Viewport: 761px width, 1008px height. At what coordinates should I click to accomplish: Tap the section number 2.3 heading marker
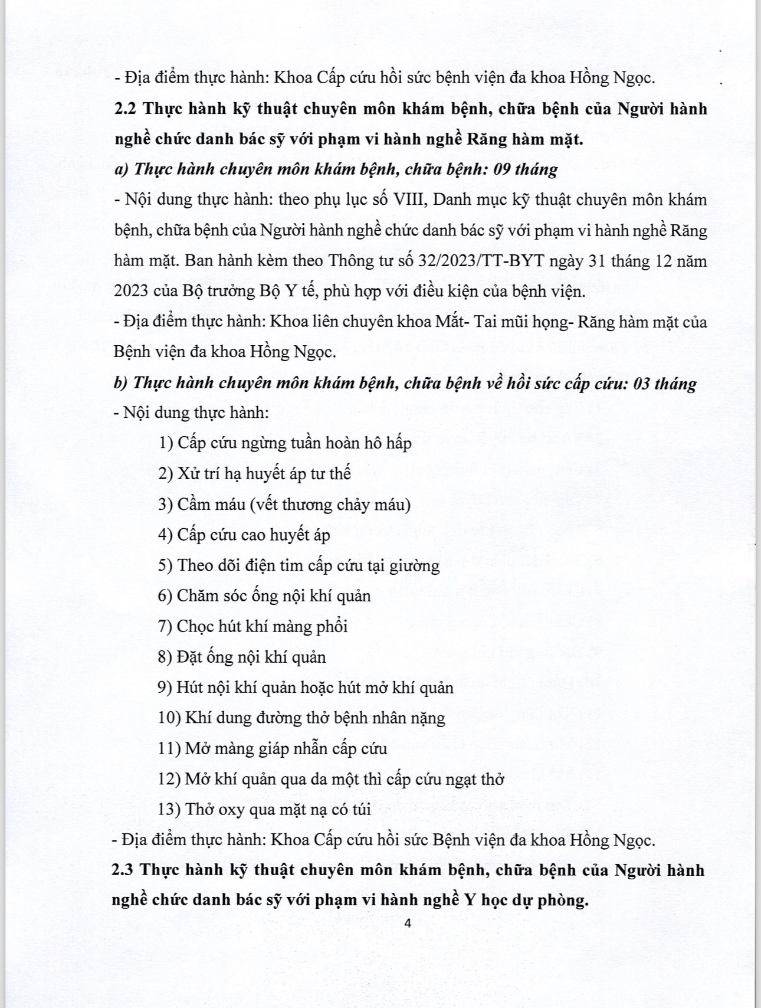(x=124, y=870)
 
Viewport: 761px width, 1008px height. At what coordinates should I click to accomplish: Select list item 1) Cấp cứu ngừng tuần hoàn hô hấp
(x=285, y=443)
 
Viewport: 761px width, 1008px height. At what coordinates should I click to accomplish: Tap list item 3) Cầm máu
(x=284, y=505)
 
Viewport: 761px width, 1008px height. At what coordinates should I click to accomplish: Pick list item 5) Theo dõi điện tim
(x=299, y=565)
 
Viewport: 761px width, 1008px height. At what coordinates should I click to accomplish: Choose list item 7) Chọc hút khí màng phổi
(x=252, y=626)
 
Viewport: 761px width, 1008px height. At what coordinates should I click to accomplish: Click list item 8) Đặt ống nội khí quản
(x=242, y=657)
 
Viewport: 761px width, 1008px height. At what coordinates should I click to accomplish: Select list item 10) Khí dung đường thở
(x=301, y=718)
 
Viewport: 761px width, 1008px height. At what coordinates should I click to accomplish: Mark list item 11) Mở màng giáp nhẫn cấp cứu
(x=273, y=748)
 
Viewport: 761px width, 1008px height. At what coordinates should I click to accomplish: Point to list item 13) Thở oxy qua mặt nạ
(x=264, y=809)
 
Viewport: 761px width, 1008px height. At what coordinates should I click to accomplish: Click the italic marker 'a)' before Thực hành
(x=121, y=169)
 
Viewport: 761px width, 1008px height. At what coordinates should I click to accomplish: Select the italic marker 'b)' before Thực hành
(x=120, y=383)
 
